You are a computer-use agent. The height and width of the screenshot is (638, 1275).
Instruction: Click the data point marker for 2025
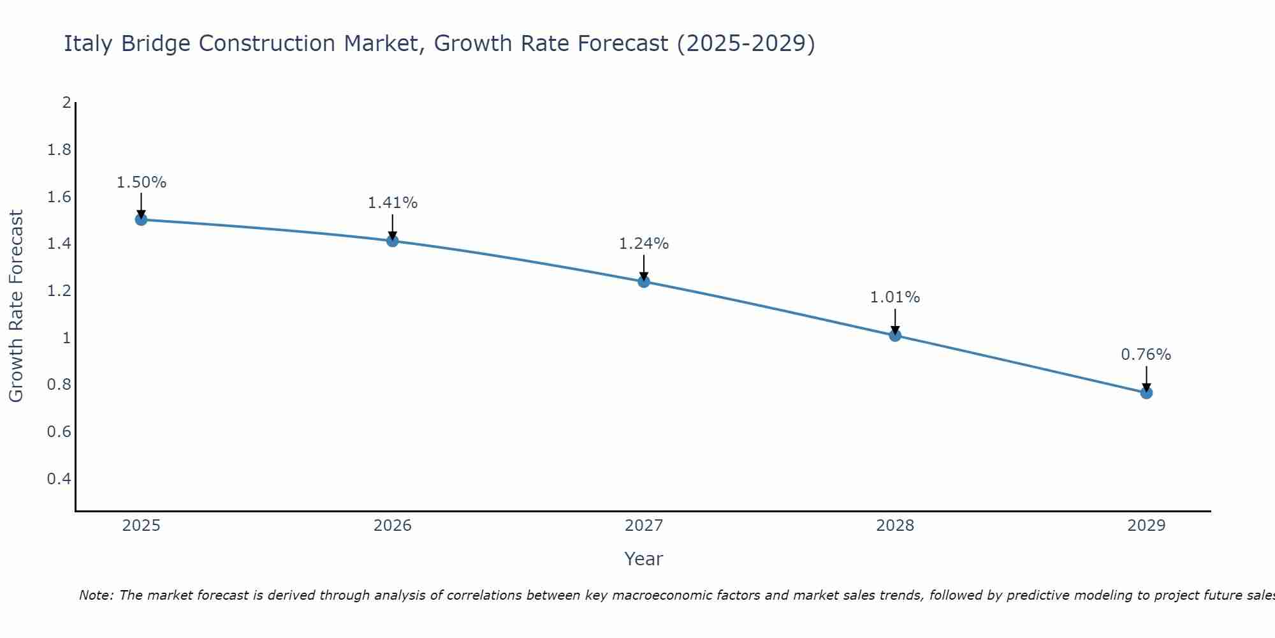point(141,219)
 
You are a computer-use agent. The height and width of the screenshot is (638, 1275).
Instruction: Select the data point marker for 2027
point(644,281)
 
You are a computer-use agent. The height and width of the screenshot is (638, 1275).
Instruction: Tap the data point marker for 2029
point(1146,393)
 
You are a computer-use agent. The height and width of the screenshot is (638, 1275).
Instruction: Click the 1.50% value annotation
point(141,182)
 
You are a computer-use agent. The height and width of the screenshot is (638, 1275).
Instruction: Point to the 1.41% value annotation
point(392,203)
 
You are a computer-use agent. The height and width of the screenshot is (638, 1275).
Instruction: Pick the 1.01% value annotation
point(895,297)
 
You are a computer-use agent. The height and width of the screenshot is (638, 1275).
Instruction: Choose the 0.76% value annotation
point(1146,355)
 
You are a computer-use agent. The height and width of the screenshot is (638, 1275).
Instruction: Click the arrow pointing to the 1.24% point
point(644,268)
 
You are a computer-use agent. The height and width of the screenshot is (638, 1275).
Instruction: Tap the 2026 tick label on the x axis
point(392,526)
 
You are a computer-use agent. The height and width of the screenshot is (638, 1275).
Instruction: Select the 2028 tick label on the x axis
point(895,526)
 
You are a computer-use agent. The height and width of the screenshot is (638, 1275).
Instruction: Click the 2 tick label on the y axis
point(66,103)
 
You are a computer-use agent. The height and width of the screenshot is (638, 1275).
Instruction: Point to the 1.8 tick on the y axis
point(59,150)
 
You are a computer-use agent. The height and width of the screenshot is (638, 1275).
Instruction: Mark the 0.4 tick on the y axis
point(59,478)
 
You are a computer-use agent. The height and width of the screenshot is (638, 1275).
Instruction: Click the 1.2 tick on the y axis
point(59,291)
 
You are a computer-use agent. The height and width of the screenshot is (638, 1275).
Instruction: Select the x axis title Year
point(643,559)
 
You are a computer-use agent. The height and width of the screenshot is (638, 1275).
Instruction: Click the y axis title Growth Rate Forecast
point(16,306)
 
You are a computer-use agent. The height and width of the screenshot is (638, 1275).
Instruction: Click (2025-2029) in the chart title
point(745,44)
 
